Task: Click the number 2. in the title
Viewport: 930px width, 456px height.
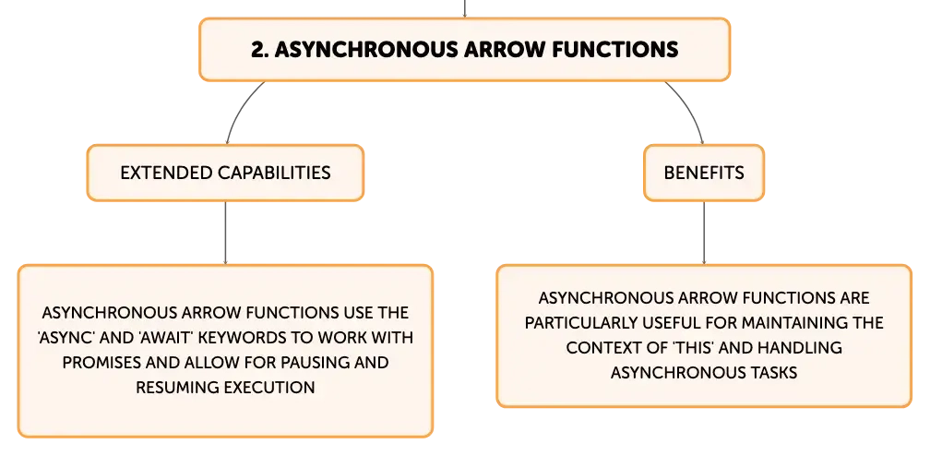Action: (x=260, y=49)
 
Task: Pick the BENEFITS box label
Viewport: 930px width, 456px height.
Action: (x=704, y=173)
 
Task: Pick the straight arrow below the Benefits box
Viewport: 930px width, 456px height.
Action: (x=704, y=233)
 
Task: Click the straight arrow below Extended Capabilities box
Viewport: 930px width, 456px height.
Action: (x=225, y=233)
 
